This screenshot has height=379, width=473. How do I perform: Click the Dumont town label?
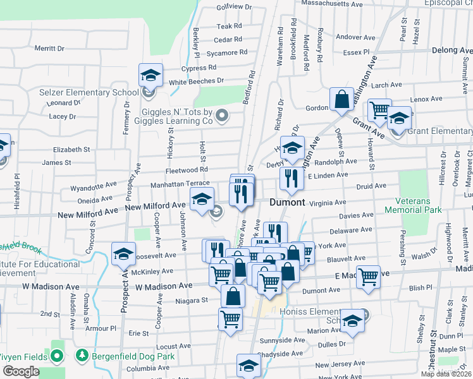coord(288,203)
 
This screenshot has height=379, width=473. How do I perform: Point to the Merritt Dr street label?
coord(49,48)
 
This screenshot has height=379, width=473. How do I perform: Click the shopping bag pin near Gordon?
coord(341,100)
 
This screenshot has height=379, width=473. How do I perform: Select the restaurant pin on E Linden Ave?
coord(292,178)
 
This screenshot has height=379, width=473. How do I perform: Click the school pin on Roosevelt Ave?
coord(123,255)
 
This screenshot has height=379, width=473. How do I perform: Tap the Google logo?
coord(21,371)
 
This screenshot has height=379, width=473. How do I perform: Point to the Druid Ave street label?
coord(371,186)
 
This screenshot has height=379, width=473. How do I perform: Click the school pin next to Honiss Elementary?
coord(352,322)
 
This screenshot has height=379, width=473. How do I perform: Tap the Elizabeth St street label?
coord(71,150)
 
